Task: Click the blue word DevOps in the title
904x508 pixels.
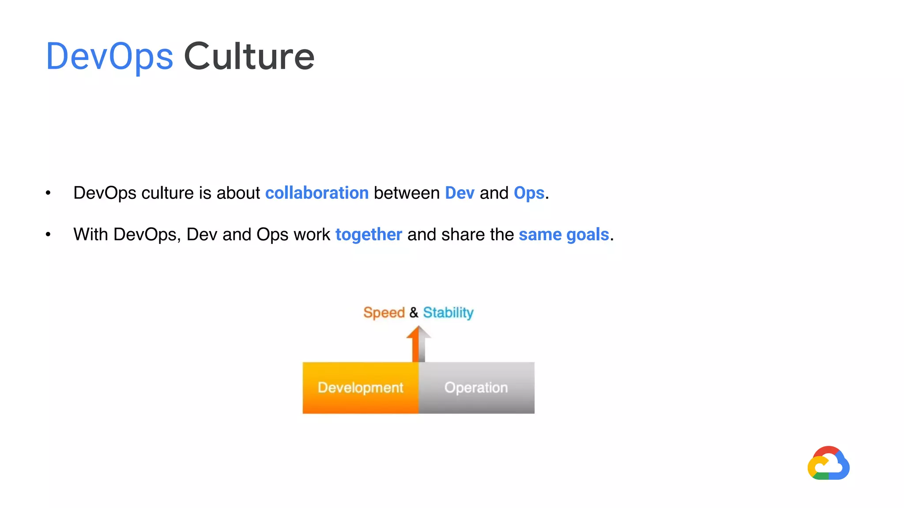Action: (x=109, y=56)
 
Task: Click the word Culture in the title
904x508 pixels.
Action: (x=249, y=56)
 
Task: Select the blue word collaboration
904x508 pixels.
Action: (x=316, y=193)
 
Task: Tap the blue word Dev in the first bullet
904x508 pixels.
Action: (x=460, y=193)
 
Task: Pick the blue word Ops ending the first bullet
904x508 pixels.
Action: (x=529, y=193)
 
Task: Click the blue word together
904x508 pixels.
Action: (x=369, y=235)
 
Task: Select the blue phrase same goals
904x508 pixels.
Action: (x=564, y=235)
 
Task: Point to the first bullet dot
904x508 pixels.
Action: (x=48, y=193)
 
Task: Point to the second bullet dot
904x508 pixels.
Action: (x=48, y=235)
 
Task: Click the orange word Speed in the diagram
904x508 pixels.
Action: (x=384, y=312)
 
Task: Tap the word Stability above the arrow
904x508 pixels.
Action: (x=448, y=312)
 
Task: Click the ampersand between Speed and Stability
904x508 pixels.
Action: (x=414, y=312)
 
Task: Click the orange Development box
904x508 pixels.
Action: (x=360, y=388)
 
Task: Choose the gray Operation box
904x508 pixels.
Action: (x=476, y=388)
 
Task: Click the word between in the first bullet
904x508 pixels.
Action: (x=407, y=193)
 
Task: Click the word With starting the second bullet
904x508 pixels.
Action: (x=90, y=235)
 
